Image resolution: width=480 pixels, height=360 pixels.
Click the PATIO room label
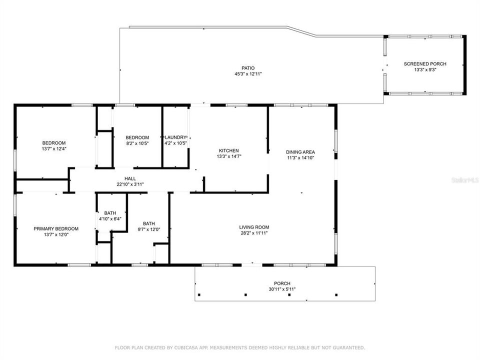[248, 68]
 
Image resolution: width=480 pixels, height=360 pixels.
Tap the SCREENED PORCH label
[425, 64]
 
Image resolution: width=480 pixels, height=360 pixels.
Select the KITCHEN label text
[228, 150]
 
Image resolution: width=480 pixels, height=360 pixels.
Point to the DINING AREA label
[300, 152]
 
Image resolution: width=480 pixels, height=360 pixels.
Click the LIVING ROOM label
[254, 227]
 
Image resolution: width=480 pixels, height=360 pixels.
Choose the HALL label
[130, 178]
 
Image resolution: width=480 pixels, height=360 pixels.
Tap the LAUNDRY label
[175, 137]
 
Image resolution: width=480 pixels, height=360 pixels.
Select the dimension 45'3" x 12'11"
[248, 74]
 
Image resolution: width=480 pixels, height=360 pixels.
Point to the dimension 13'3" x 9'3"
[425, 70]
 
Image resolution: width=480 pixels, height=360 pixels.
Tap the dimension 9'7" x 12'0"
[148, 229]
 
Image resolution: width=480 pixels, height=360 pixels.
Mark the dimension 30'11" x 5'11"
[285, 289]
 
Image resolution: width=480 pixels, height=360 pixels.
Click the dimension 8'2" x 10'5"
[137, 143]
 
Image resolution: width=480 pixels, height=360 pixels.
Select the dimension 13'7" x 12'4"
[53, 149]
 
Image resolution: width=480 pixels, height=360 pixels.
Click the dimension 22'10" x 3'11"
[130, 184]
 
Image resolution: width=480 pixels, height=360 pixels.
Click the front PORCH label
[285, 283]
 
